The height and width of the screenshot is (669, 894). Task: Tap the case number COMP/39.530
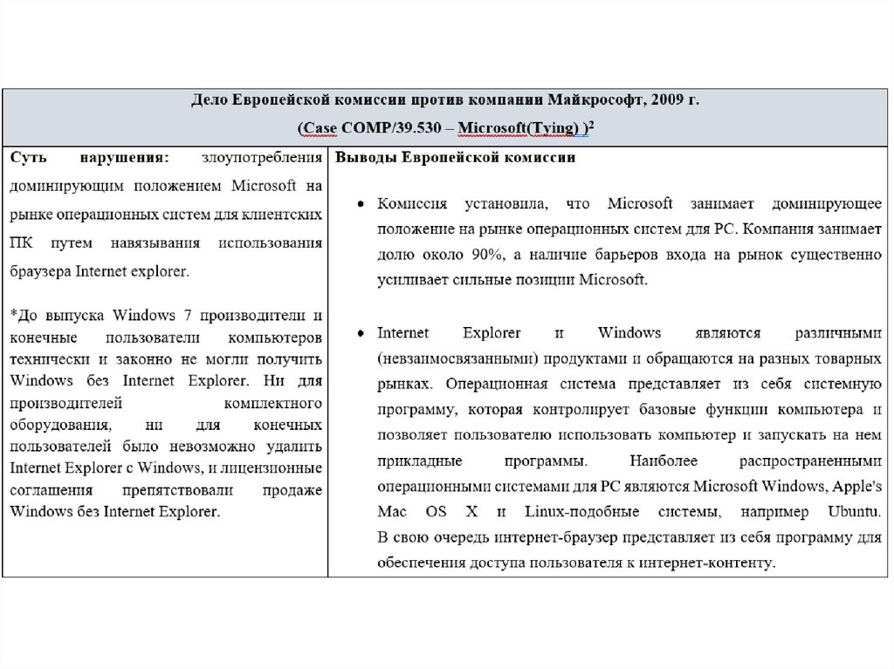pyautogui.click(x=388, y=129)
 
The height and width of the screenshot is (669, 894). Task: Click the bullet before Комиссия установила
pyautogui.click(x=360, y=204)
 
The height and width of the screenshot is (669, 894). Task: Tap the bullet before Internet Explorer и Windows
pyautogui.click(x=360, y=333)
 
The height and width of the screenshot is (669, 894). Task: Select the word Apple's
pyautogui.click(x=857, y=485)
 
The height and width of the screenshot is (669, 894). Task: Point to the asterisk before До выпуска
pyautogui.click(x=13, y=314)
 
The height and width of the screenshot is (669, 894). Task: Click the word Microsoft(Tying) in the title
pyautogui.click(x=519, y=129)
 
